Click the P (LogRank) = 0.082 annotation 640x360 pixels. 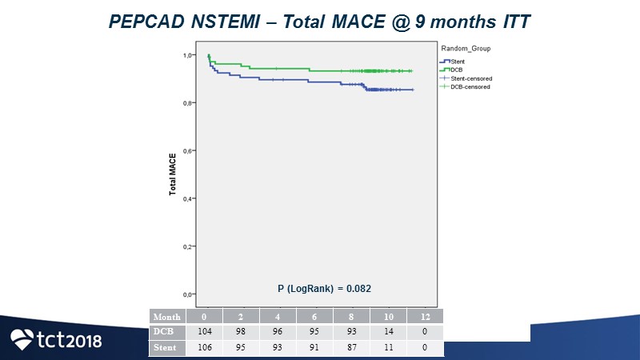pos(323,287)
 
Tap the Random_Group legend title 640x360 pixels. pos(466,49)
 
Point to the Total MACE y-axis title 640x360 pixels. pos(172,175)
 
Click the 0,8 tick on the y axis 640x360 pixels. pos(189,103)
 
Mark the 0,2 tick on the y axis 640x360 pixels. pos(189,246)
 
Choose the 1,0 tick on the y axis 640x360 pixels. pos(189,55)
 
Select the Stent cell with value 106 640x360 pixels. pos(206,348)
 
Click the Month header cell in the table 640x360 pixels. pos(166,317)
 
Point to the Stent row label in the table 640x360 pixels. pos(166,348)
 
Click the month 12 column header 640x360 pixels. pos(425,317)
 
